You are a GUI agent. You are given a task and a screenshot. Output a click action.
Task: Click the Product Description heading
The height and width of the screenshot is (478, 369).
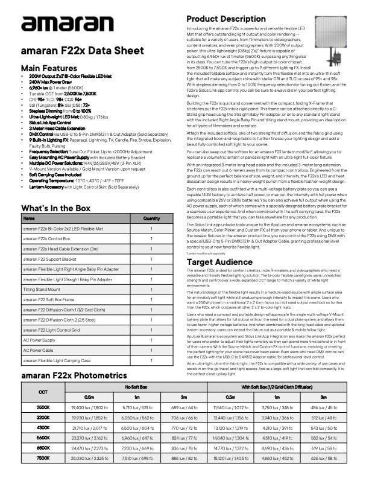(x=226, y=19)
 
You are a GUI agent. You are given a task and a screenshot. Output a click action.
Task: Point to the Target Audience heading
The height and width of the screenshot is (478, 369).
(x=218, y=262)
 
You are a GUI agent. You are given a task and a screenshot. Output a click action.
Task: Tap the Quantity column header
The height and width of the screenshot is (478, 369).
(x=151, y=218)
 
